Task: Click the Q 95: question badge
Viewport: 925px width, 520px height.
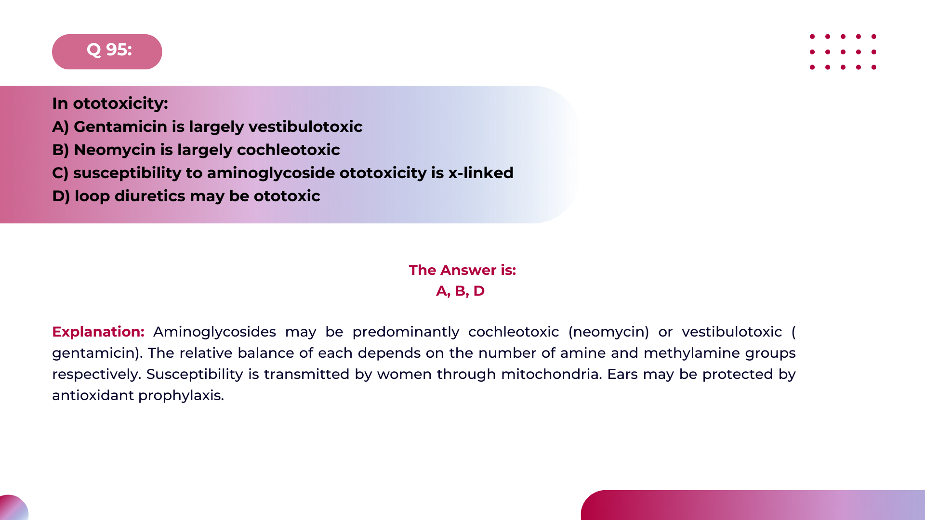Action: [107, 51]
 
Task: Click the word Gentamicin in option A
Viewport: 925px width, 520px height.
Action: [120, 127]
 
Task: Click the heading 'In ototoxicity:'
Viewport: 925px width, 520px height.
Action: [110, 104]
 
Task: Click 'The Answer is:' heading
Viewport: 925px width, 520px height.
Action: [462, 270]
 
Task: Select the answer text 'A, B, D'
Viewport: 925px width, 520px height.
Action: [460, 291]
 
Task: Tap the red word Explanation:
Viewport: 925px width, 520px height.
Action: [98, 332]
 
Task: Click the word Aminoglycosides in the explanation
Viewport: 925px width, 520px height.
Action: [214, 332]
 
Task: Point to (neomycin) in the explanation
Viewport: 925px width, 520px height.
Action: [609, 332]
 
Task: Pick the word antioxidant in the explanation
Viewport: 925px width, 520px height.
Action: [93, 395]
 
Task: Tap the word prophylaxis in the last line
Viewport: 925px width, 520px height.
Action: [181, 395]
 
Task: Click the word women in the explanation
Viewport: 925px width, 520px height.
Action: [405, 374]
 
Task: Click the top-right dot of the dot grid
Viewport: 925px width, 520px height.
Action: [873, 37]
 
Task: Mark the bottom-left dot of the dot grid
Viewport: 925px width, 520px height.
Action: [812, 67]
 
